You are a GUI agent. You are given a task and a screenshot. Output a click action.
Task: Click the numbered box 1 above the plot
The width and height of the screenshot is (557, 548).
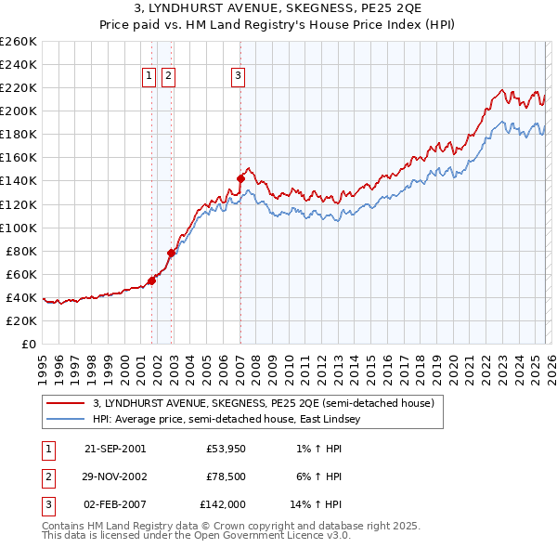[149, 77]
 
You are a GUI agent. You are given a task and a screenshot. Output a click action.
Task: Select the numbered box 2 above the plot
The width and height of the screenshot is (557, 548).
[168, 77]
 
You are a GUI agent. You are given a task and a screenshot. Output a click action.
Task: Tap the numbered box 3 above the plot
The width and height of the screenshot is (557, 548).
[238, 77]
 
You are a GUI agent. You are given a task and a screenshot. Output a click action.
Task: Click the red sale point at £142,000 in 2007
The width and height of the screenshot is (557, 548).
[240, 178]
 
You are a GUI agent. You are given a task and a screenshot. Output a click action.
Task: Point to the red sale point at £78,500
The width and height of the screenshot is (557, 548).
[171, 253]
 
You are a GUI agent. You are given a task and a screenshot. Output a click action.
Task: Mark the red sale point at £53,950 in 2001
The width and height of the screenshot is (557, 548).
[151, 281]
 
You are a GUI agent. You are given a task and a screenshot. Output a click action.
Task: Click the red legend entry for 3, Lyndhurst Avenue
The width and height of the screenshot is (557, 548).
[263, 403]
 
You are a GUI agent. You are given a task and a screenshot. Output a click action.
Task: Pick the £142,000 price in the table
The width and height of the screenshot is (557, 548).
[222, 504]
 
